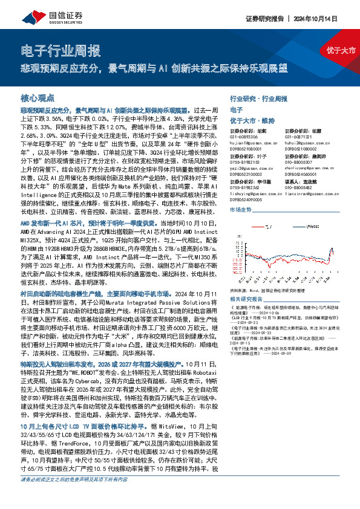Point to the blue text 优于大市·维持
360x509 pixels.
(252, 120)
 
